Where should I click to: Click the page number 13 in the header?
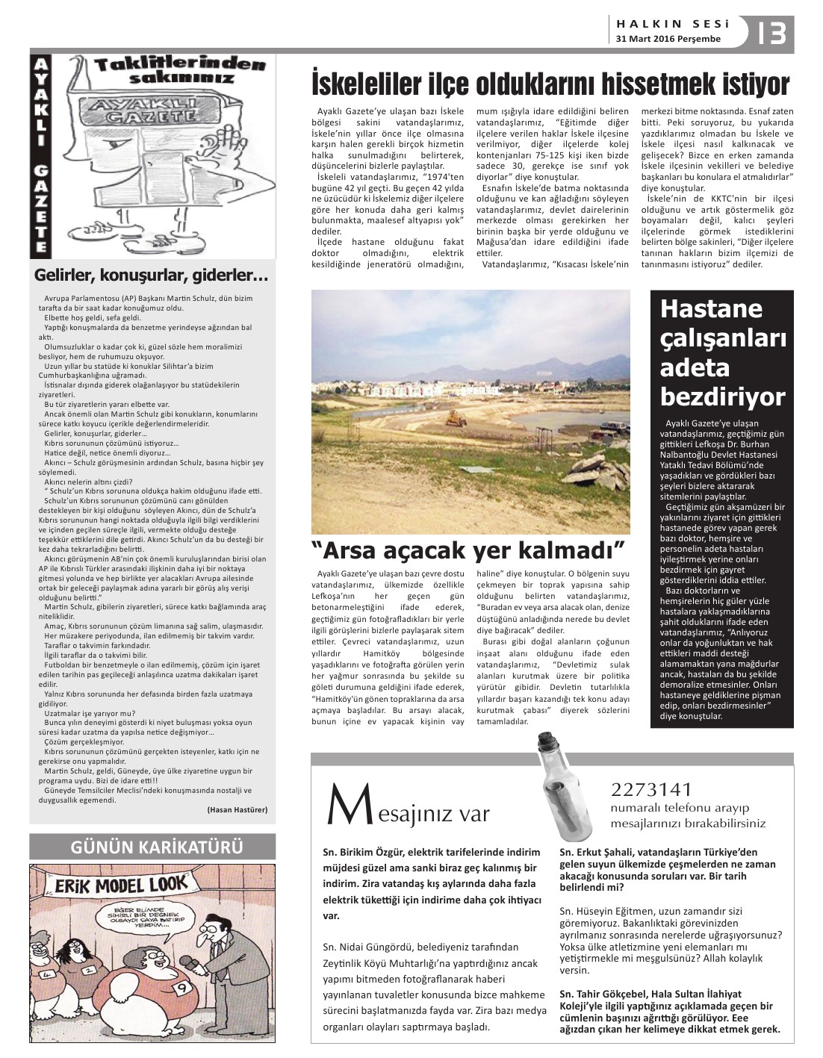coord(771,33)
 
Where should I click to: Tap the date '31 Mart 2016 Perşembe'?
coord(668,39)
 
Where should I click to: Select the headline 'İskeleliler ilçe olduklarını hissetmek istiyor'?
coord(550,84)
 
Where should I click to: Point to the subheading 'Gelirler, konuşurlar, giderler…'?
coord(152,276)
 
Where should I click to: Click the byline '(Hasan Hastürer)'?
coord(237,809)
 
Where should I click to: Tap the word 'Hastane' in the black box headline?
coord(701,309)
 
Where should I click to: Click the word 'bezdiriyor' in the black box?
coord(722,396)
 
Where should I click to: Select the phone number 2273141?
coord(651,789)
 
